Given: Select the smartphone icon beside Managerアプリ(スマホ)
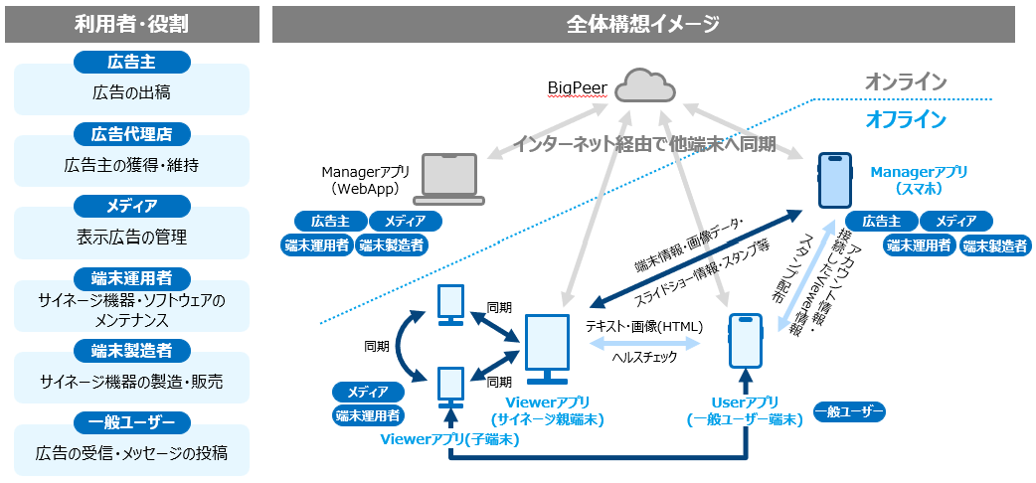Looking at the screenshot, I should coord(834,180).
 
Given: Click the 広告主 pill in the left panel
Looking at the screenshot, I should coord(131,62).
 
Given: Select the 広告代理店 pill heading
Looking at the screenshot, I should coord(131,133).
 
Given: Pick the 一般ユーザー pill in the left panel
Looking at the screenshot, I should coord(131,422).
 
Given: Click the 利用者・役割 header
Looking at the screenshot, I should coord(131,25).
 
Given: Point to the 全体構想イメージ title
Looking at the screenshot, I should coord(643,25).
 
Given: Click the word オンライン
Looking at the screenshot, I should coord(905,82).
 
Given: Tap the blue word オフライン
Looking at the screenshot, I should coord(905,120).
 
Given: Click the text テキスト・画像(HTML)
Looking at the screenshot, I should coord(644,325).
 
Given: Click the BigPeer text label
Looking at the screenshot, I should coord(577,88).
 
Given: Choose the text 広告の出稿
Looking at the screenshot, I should coord(131,93).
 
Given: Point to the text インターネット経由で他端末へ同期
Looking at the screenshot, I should coord(644,144).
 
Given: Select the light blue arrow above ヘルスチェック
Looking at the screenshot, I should coord(644,341).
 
